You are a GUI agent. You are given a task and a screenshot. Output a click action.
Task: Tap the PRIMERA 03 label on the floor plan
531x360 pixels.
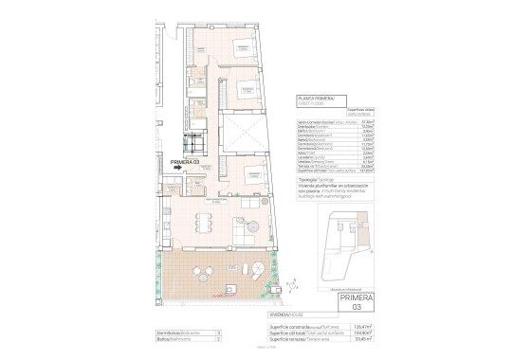point(184,162)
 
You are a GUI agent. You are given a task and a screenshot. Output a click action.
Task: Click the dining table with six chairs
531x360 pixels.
point(202,224)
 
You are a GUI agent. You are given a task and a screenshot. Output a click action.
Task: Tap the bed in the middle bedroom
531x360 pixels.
point(244,90)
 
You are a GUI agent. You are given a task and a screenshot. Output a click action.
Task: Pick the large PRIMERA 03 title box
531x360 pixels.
point(351,302)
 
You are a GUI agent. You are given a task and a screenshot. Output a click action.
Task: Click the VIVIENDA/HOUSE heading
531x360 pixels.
point(176,313)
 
